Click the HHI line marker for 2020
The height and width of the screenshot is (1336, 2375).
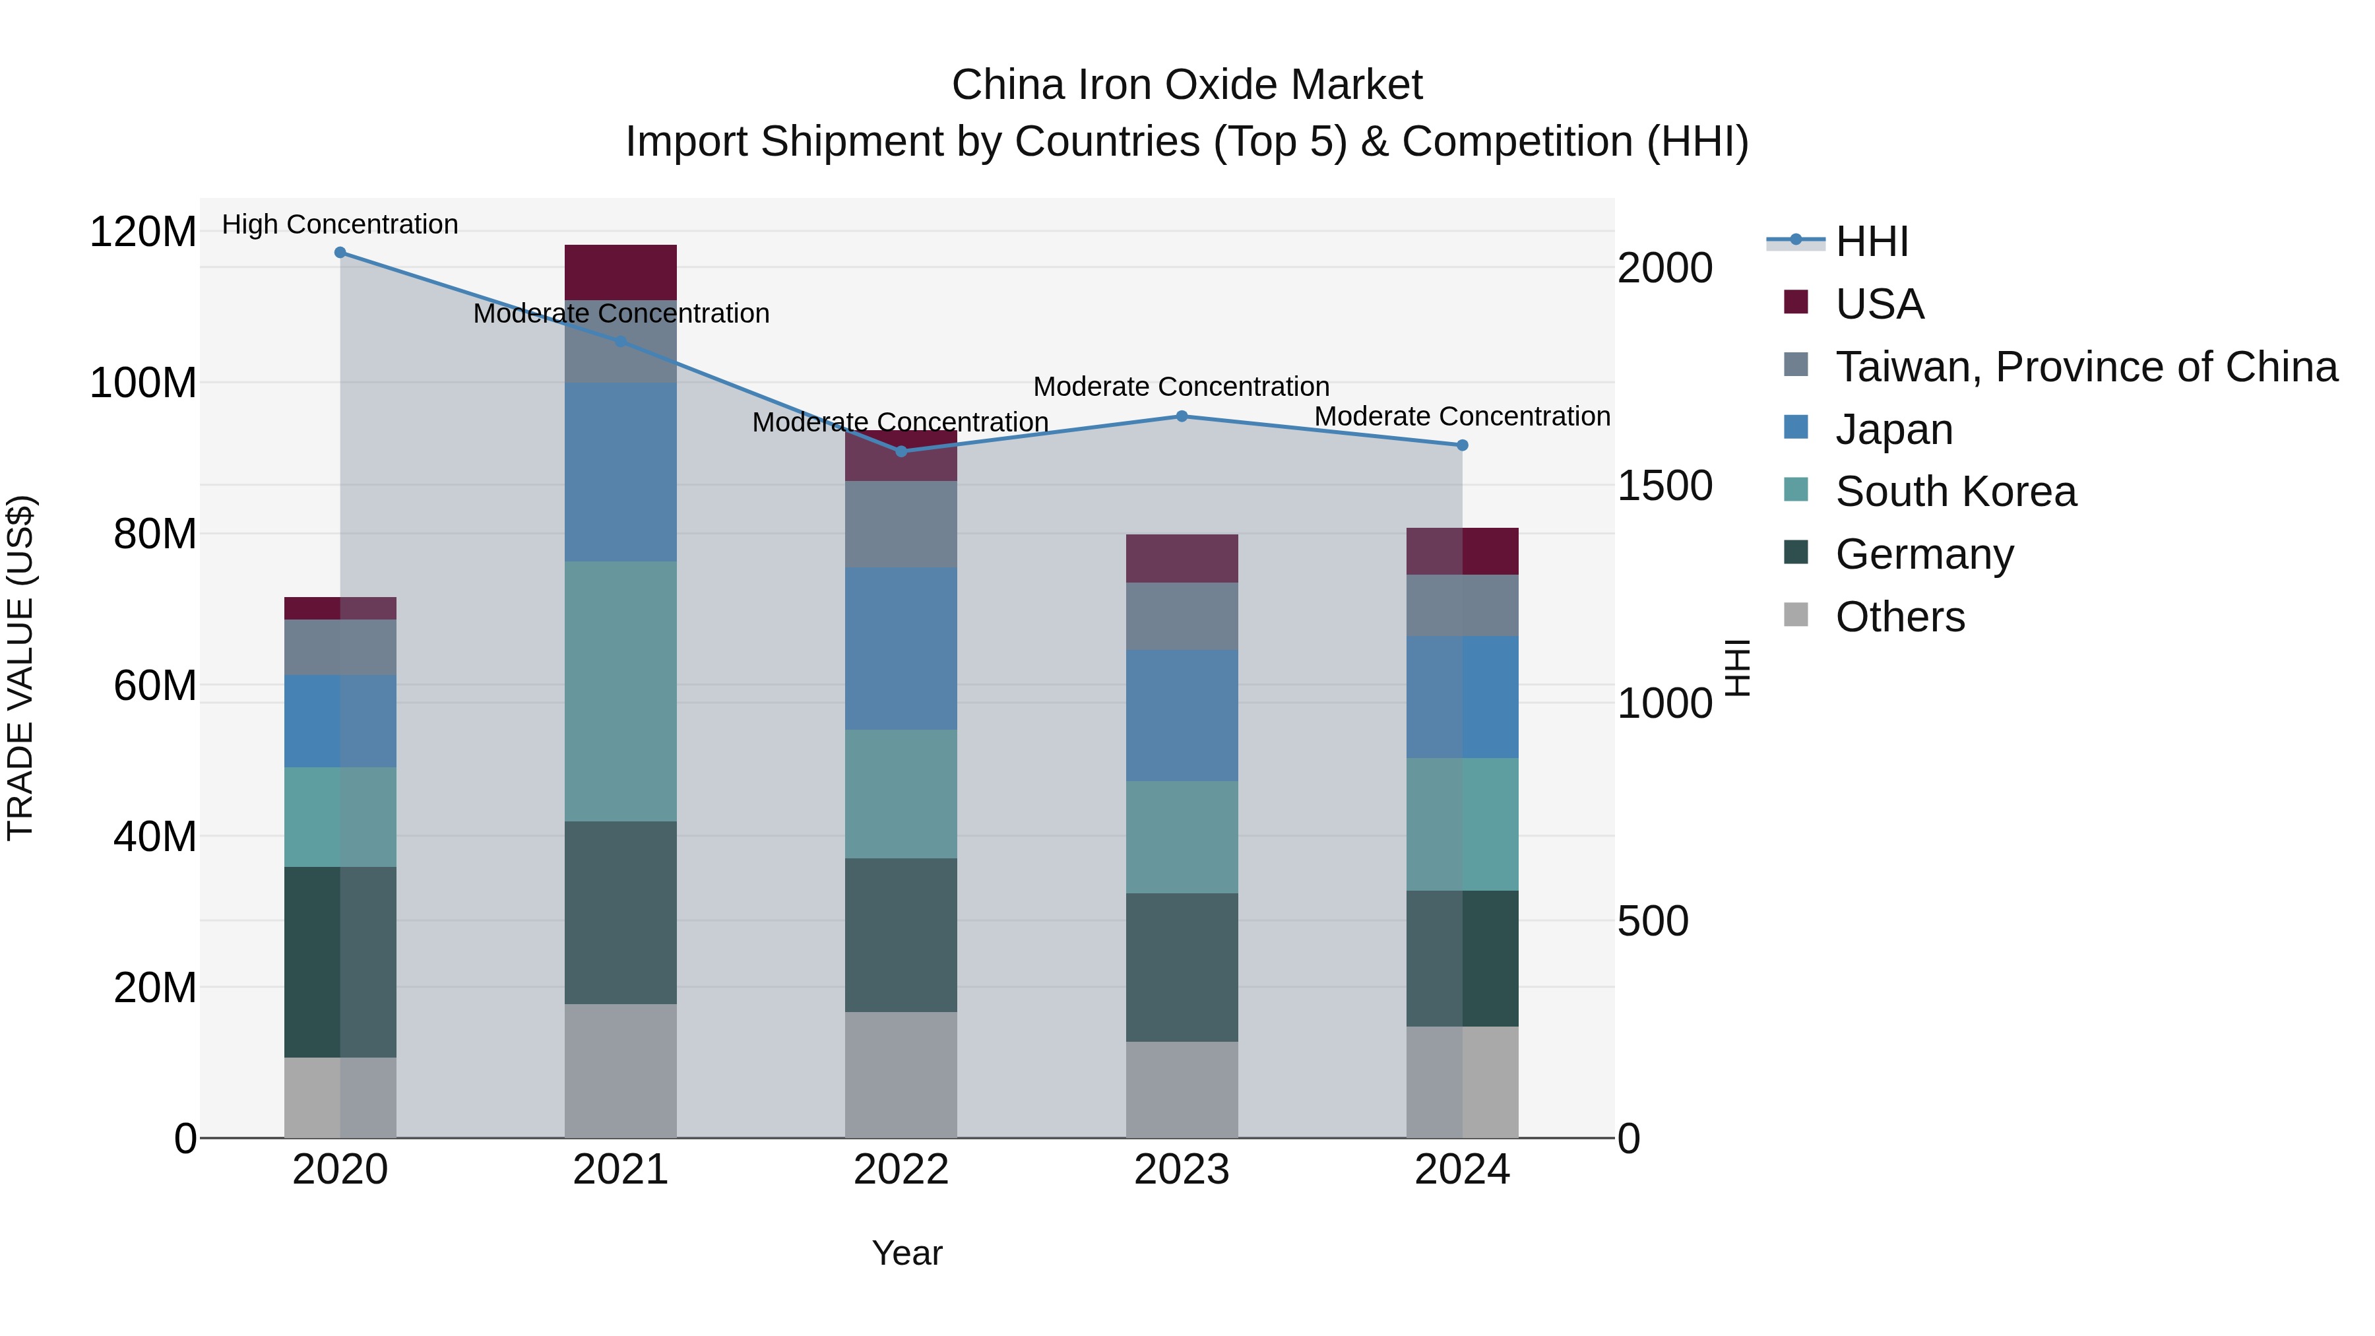pyautogui.click(x=340, y=253)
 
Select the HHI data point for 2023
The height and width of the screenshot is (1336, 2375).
pyautogui.click(x=1182, y=417)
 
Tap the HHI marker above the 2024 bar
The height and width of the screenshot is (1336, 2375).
pyautogui.click(x=1462, y=445)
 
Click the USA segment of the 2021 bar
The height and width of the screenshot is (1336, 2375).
pyautogui.click(x=621, y=272)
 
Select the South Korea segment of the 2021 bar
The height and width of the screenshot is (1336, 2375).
pyautogui.click(x=621, y=691)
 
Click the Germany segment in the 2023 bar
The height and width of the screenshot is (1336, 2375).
pyautogui.click(x=1182, y=967)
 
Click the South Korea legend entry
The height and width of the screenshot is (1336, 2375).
pyautogui.click(x=1955, y=492)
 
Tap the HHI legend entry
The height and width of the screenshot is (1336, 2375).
pyautogui.click(x=1871, y=241)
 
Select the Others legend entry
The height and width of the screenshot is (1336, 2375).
pyautogui.click(x=1899, y=617)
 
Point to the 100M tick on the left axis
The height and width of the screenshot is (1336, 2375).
pyautogui.click(x=143, y=383)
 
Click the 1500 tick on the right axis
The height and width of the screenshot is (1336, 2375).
pyautogui.click(x=1665, y=486)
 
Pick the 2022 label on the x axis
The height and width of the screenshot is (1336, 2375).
pyautogui.click(x=901, y=1170)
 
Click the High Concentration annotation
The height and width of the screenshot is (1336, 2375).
pyautogui.click(x=340, y=224)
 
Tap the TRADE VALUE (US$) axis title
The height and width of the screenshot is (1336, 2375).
pyautogui.click(x=20, y=668)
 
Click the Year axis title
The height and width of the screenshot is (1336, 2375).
pyautogui.click(x=907, y=1253)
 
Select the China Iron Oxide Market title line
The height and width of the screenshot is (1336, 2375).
pyautogui.click(x=1187, y=85)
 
